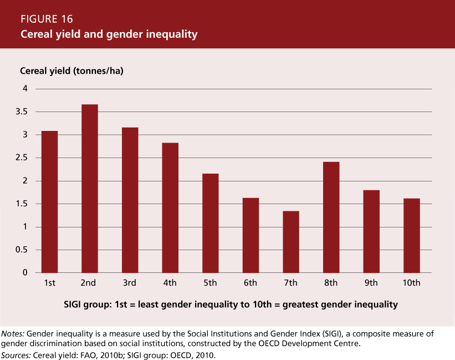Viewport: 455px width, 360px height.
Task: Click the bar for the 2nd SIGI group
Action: pos(89,189)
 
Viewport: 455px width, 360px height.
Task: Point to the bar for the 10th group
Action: pos(412,235)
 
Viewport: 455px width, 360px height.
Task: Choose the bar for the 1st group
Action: pos(49,202)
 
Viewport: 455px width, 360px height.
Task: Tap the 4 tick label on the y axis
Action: pos(24,89)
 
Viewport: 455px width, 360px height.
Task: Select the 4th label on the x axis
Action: pos(170,283)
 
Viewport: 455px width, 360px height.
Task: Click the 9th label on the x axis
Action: pos(371,283)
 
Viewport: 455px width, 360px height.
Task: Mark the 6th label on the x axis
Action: pos(250,283)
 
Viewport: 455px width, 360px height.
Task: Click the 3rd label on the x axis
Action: pos(129,283)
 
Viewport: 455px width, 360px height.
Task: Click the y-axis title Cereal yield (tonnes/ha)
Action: pos(75,71)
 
